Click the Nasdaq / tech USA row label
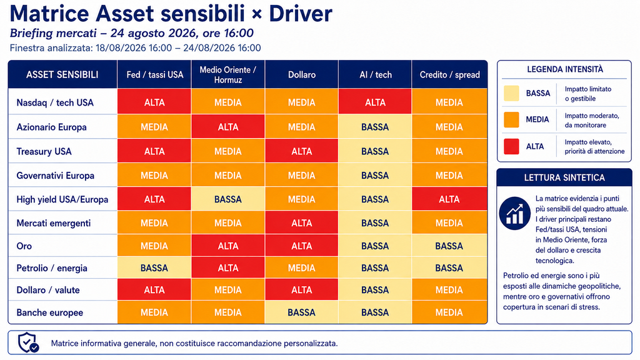point(55,102)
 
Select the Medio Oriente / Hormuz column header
point(227,75)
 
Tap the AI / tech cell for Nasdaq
point(375,102)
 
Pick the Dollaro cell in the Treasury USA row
point(302,151)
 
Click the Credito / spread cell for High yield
point(449,199)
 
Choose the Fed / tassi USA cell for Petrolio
point(154,267)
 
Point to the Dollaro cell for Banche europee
point(302,312)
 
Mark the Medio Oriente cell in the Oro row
point(227,246)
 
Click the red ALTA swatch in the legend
point(511,146)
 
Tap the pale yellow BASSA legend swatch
point(511,93)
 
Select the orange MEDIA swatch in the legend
point(511,119)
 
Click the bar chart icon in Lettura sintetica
point(515,214)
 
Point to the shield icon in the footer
point(28,342)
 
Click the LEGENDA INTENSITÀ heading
point(565,69)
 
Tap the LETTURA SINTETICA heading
point(564,177)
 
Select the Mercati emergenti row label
point(54,223)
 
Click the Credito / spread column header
point(450,75)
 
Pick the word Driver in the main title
point(301,14)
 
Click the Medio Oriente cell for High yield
point(227,199)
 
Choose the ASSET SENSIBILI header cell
point(62,75)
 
